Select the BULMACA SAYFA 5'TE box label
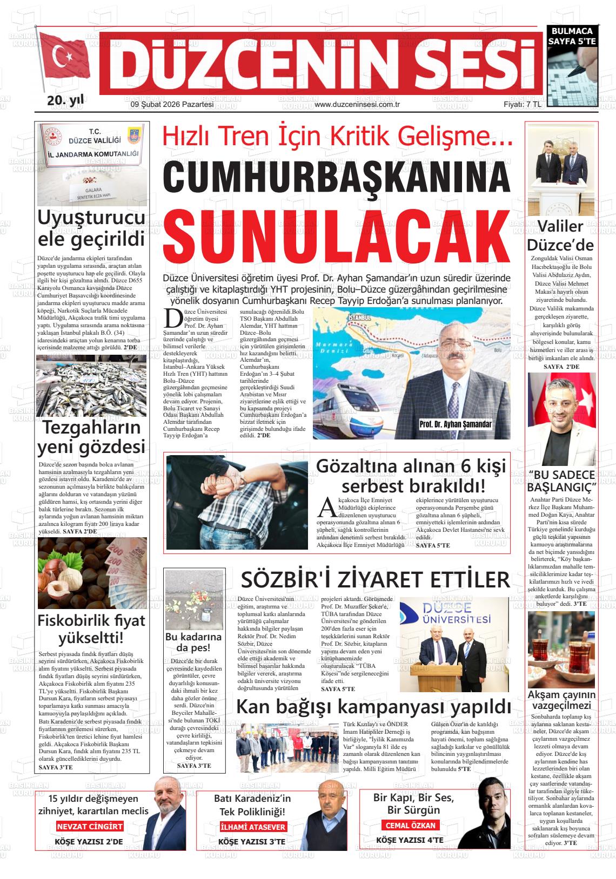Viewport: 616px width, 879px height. point(572,36)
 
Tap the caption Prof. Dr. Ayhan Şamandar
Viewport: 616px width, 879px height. point(456,424)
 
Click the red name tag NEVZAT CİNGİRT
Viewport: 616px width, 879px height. point(90,826)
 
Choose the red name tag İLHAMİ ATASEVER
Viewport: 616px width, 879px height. point(253,827)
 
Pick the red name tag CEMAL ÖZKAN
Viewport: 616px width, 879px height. point(410,825)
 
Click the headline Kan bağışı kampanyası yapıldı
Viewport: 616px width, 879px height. point(373,706)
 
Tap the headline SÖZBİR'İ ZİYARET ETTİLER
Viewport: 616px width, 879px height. point(375,580)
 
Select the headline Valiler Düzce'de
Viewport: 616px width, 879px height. point(560,235)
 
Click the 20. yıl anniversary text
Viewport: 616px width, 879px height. point(66,100)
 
